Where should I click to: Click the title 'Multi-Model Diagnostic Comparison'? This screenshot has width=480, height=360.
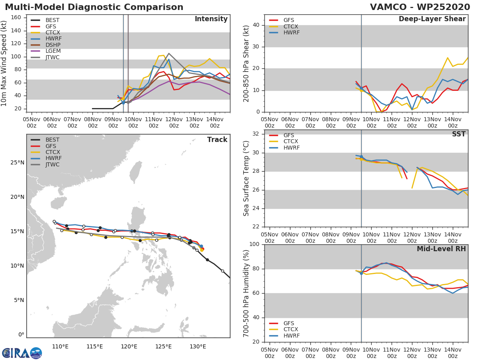point(94,7)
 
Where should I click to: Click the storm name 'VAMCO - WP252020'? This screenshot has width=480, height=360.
point(420,7)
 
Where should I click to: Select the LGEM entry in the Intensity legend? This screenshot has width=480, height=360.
point(52,51)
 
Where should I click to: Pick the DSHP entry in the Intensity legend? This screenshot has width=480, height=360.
point(52,45)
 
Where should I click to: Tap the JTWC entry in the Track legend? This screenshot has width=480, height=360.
point(52,164)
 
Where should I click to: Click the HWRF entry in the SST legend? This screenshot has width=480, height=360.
point(291,148)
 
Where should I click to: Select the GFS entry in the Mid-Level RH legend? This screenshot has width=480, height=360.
point(288,323)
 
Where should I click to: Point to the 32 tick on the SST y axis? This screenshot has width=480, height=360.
point(257,134)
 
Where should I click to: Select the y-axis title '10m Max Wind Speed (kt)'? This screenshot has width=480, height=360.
point(4,63)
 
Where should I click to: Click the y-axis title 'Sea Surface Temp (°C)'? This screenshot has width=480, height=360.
point(246,178)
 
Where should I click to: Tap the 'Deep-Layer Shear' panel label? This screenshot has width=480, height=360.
point(432,19)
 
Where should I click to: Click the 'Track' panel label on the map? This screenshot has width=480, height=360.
point(217,140)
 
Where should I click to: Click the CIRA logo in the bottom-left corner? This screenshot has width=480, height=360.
point(22,353)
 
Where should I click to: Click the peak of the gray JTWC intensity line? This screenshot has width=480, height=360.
point(168,53)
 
